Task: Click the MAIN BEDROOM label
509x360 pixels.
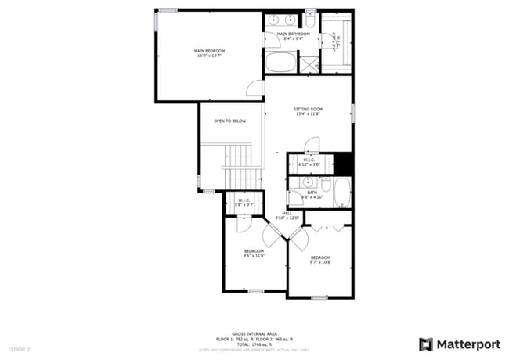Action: point(209,51)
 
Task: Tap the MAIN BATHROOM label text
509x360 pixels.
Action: point(294,34)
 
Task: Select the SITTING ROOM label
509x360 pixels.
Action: point(309,109)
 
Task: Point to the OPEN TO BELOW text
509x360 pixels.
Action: point(230,121)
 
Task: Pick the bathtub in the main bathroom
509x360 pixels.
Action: point(280,63)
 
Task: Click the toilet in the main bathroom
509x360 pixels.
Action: point(309,21)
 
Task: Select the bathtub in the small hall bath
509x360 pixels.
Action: point(342,193)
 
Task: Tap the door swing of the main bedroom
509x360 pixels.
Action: point(254,88)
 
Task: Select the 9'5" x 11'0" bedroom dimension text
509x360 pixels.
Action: point(254,255)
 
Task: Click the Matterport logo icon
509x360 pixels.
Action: point(426,344)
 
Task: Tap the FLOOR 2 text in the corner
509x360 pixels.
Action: point(19,348)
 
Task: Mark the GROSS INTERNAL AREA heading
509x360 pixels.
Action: point(254,333)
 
